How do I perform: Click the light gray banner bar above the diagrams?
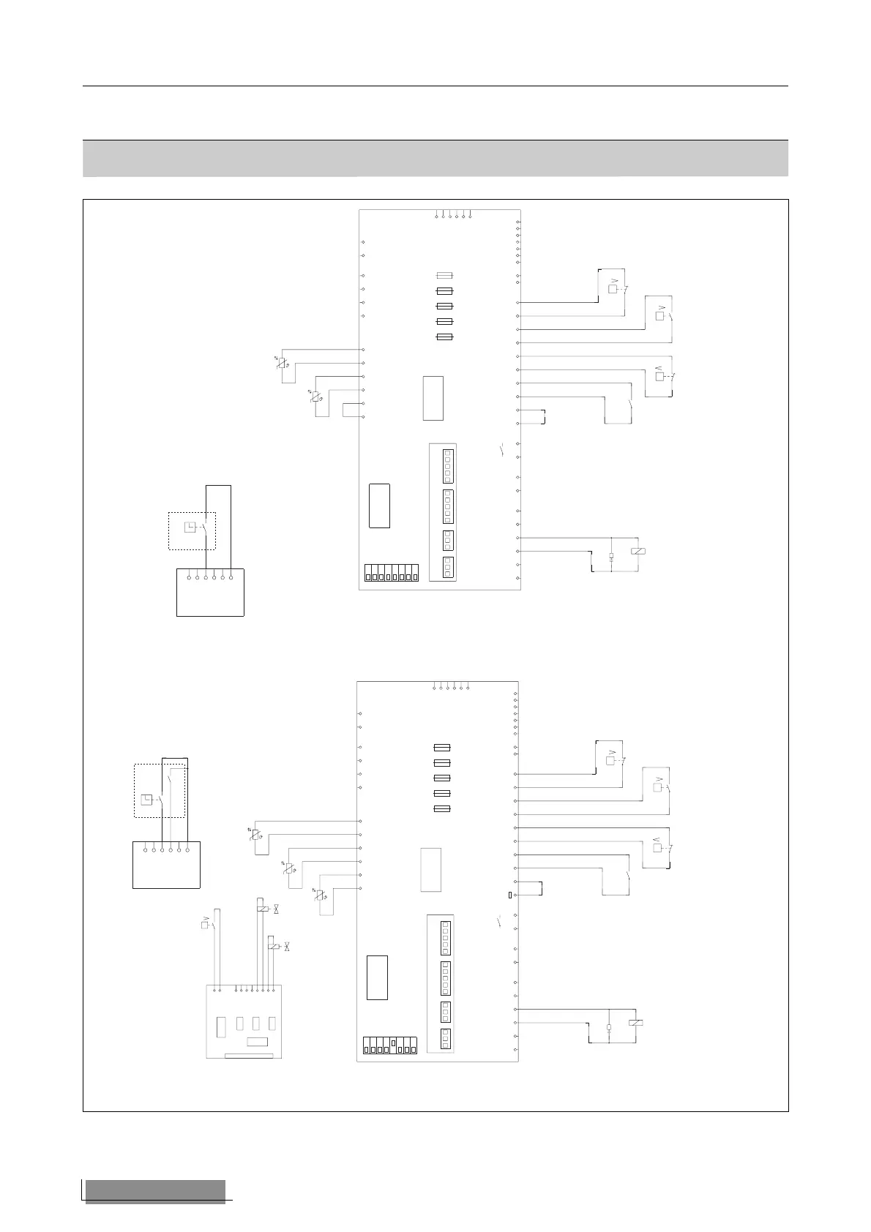(x=435, y=158)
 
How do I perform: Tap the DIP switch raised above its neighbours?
(x=394, y=1043)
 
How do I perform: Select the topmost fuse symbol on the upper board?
(x=444, y=276)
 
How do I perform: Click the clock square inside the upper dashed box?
(x=190, y=527)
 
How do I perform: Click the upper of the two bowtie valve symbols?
(x=277, y=909)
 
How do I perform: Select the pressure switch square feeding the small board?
(x=205, y=925)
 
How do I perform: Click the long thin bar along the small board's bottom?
(x=249, y=1056)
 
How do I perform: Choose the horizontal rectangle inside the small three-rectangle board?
(x=256, y=1042)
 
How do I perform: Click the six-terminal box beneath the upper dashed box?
(x=210, y=592)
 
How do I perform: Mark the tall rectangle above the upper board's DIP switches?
(x=379, y=506)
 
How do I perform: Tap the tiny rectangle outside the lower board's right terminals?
(x=509, y=895)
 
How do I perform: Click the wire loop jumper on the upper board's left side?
(x=352, y=410)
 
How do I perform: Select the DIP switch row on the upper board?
(x=391, y=574)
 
